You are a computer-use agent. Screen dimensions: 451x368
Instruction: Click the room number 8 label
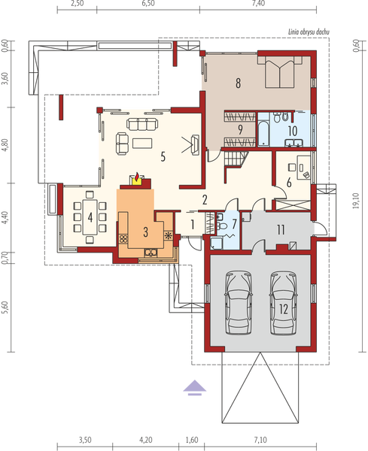tap(238, 83)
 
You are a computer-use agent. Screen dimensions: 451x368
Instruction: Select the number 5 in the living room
tap(162, 157)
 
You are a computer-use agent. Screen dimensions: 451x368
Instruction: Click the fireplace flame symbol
tap(136, 178)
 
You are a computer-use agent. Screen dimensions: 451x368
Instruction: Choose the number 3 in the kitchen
tap(144, 230)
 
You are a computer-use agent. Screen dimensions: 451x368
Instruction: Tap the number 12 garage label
tap(283, 308)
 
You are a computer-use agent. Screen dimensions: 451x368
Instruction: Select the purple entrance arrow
tap(194, 387)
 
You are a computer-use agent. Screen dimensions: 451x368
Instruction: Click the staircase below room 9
tap(236, 159)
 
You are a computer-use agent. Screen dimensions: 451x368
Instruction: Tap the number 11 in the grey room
tap(279, 230)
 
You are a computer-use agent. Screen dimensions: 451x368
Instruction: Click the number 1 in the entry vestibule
tap(192, 223)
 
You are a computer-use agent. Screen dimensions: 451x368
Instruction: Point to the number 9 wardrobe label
tap(239, 129)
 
